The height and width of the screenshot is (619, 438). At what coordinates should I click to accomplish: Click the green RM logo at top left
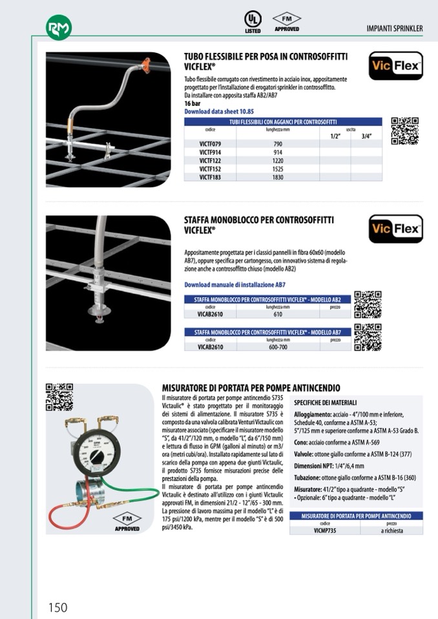59,27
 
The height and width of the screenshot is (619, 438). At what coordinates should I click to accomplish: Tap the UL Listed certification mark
253,21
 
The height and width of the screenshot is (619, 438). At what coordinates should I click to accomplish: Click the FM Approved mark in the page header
287,21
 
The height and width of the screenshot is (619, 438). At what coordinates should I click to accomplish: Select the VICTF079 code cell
211,143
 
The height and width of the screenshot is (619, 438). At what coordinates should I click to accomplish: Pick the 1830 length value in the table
278,176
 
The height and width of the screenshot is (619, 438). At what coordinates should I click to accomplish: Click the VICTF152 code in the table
211,168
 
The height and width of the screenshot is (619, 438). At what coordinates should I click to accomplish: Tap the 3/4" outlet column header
367,136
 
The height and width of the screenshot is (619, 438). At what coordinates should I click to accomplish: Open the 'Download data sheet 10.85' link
219,111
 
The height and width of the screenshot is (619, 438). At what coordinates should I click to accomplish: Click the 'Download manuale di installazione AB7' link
235,284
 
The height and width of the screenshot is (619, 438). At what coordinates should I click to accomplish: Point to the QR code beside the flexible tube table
405,130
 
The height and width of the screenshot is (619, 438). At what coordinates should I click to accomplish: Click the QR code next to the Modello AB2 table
368,304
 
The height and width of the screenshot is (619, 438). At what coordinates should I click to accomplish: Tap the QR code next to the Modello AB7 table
368,337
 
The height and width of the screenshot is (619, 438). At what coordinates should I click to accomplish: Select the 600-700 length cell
278,347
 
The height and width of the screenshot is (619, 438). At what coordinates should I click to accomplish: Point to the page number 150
57,607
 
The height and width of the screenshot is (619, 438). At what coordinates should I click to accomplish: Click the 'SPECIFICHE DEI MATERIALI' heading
326,402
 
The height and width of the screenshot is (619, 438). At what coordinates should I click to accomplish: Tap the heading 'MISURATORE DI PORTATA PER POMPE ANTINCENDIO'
251,388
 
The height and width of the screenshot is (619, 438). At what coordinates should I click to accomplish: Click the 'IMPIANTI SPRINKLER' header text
394,28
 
